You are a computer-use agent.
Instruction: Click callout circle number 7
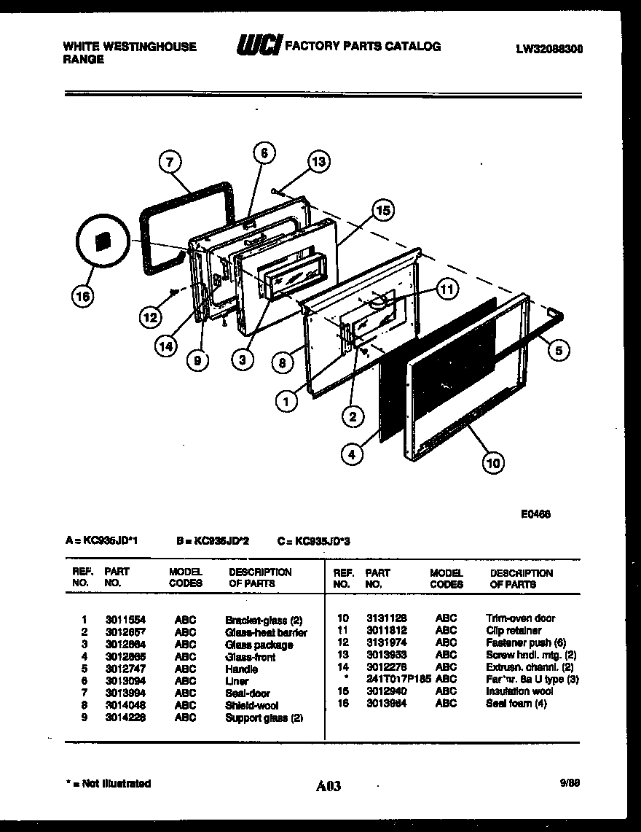[x=169, y=163]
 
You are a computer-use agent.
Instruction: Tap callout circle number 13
[x=318, y=162]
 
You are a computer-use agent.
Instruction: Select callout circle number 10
[x=493, y=462]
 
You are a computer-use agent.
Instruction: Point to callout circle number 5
[x=558, y=351]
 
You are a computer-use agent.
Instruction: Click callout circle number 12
[x=149, y=317]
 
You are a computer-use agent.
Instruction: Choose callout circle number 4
[x=352, y=454]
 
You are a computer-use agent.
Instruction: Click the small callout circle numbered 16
[x=84, y=296]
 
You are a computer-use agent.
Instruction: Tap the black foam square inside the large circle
[x=102, y=241]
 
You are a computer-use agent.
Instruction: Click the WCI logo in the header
[x=257, y=47]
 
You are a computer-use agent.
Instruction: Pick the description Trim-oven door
[x=520, y=618]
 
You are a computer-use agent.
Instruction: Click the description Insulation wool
[x=519, y=691]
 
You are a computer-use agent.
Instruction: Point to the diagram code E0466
[x=535, y=513]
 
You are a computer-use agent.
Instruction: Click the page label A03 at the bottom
[x=329, y=786]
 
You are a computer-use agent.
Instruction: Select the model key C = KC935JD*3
[x=314, y=542]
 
